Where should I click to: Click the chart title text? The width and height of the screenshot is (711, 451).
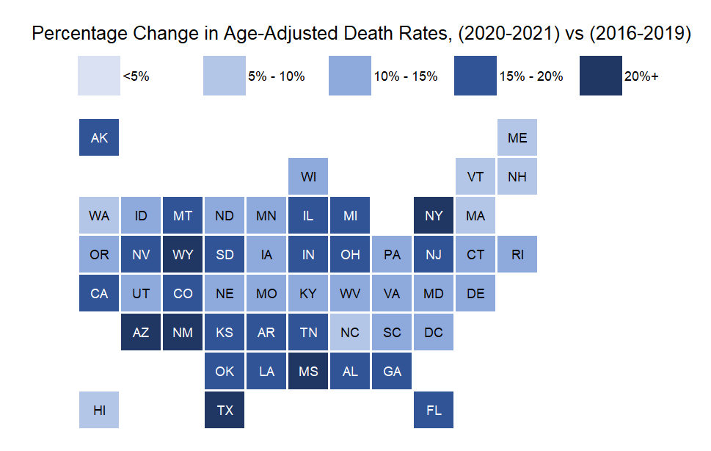362,34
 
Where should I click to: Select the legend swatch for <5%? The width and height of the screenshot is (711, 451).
99,76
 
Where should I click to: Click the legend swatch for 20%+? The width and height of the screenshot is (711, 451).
600,76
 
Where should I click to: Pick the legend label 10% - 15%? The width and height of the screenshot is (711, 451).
406,76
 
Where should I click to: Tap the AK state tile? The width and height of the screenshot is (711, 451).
99,137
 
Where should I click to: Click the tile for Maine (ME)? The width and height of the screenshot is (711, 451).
517,137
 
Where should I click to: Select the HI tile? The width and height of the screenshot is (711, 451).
99,410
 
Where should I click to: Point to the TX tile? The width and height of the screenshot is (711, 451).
225,410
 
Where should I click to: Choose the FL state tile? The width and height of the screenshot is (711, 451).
434,410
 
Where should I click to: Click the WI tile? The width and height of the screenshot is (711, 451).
308,177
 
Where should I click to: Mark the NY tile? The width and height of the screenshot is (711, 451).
434,215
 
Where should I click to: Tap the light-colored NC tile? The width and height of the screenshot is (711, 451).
350,332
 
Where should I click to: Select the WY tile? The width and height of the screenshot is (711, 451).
183,254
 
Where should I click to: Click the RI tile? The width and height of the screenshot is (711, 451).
517,254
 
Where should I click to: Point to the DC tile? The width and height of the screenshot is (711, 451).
434,332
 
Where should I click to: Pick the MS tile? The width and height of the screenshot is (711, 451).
308,371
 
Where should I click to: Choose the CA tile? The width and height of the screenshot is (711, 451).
99,293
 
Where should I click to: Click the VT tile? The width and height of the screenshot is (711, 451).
475,177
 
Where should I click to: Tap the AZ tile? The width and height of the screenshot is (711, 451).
141,332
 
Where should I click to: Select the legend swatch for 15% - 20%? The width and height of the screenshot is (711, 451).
475,76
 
